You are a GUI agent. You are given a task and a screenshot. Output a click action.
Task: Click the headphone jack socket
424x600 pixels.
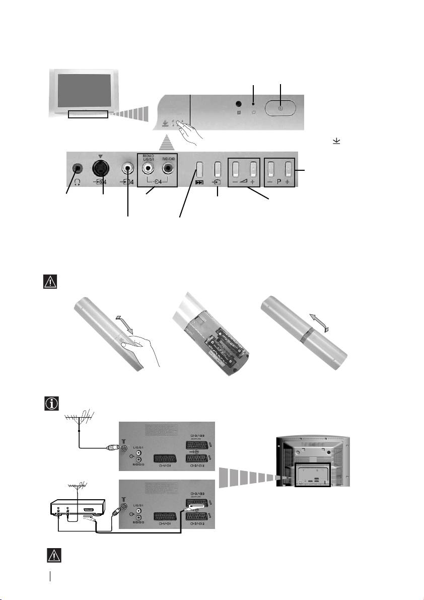click(77, 168)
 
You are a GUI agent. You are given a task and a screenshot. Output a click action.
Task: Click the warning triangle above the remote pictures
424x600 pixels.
click(50, 281)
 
